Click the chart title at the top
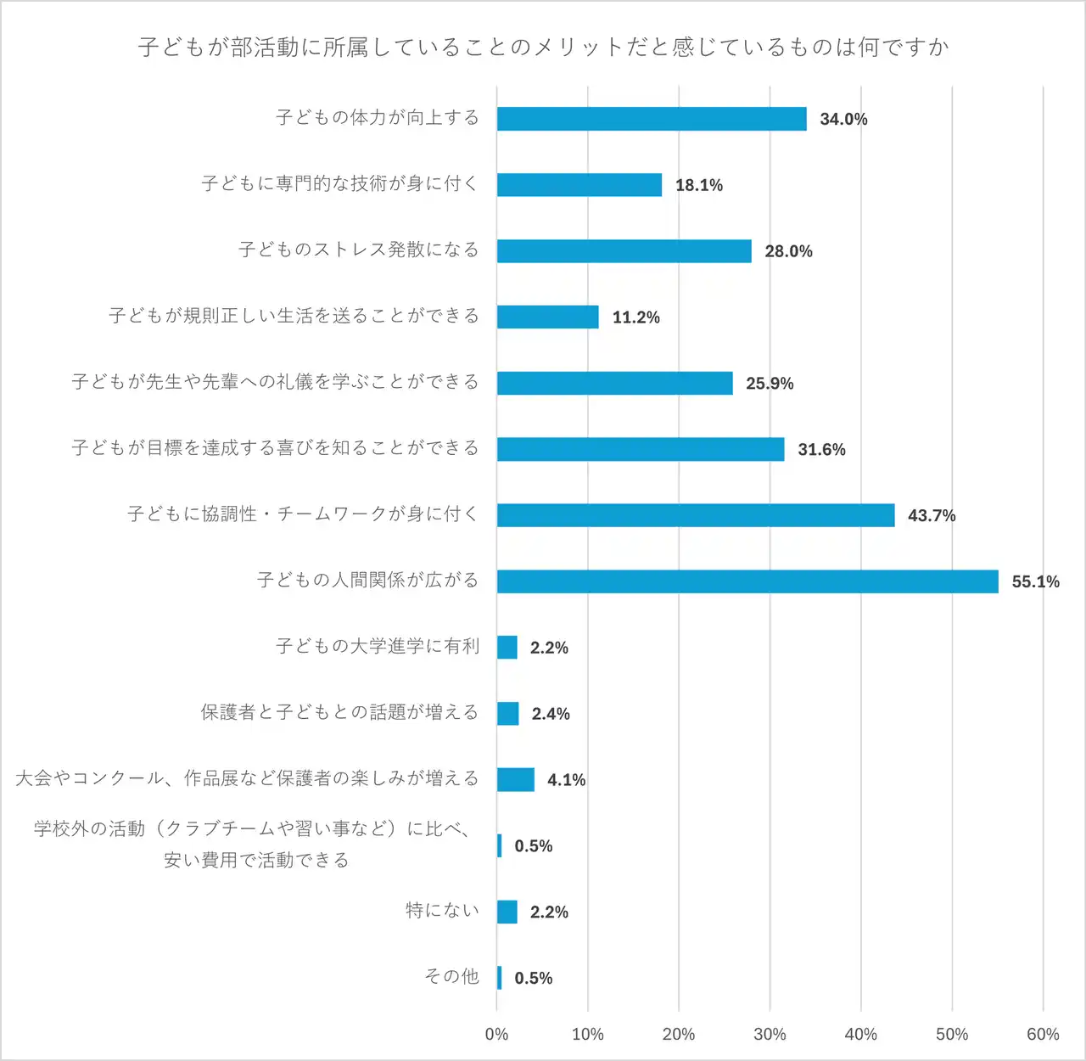(x=543, y=47)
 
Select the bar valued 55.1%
(x=747, y=581)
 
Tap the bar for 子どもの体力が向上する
(x=652, y=119)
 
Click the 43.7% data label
(x=932, y=515)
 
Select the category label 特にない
(x=442, y=911)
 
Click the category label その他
(x=451, y=977)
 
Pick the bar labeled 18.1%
(x=579, y=185)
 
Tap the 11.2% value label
(x=635, y=317)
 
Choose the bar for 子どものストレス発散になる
(x=624, y=251)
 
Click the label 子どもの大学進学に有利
(x=378, y=647)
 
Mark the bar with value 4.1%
(x=516, y=779)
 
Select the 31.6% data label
(x=821, y=450)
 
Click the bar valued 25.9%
(x=614, y=383)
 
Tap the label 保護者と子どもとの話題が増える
(x=339, y=713)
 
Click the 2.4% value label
(x=551, y=714)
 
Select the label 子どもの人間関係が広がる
(x=368, y=581)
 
